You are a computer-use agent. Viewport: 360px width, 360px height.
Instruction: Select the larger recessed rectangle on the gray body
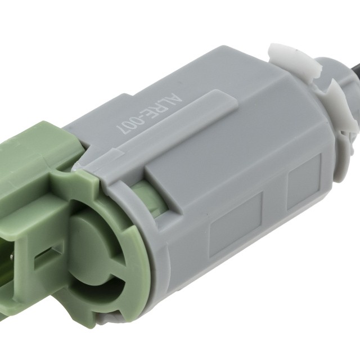click(x=236, y=224)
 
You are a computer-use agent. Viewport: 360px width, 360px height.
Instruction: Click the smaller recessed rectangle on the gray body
click(x=304, y=181)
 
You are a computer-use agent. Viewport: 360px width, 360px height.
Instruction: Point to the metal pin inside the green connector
click(x=12, y=255)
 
